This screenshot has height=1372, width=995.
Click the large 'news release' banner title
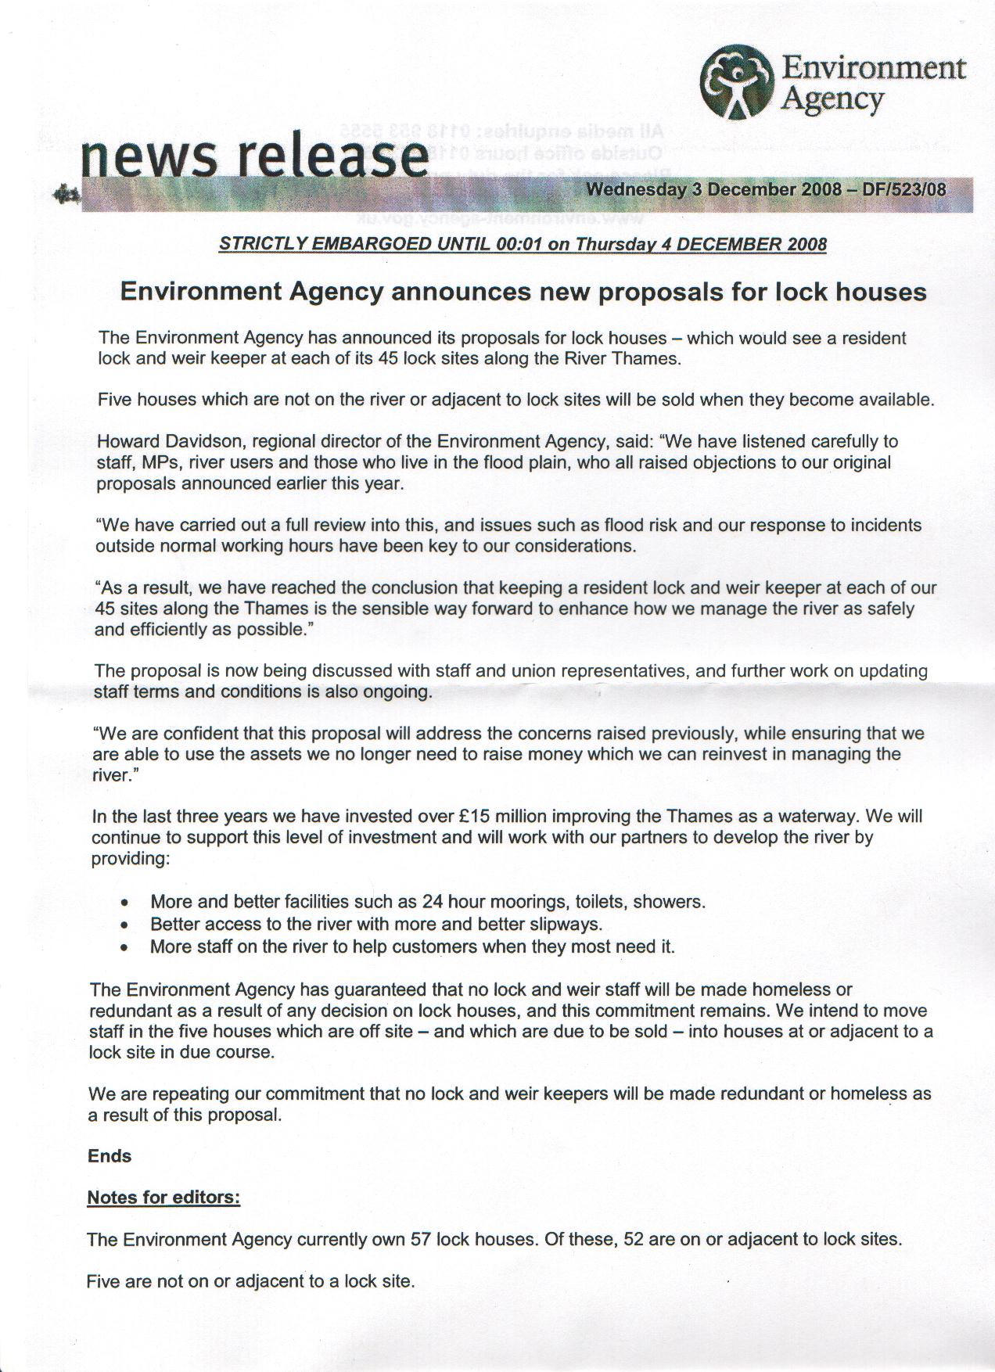pos(254,155)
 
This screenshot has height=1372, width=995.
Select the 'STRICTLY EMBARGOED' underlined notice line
pos(523,243)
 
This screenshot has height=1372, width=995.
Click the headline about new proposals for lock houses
pos(523,292)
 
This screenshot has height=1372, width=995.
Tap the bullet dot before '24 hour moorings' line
pos(124,902)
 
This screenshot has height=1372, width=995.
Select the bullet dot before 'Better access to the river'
pos(124,925)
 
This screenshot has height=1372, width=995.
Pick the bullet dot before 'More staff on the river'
pos(124,947)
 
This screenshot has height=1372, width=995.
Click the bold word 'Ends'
pos(110,1156)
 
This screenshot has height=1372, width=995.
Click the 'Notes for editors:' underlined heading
pos(163,1198)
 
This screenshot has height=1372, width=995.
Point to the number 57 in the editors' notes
pos(421,1239)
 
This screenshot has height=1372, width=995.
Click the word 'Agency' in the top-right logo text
pos(832,100)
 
